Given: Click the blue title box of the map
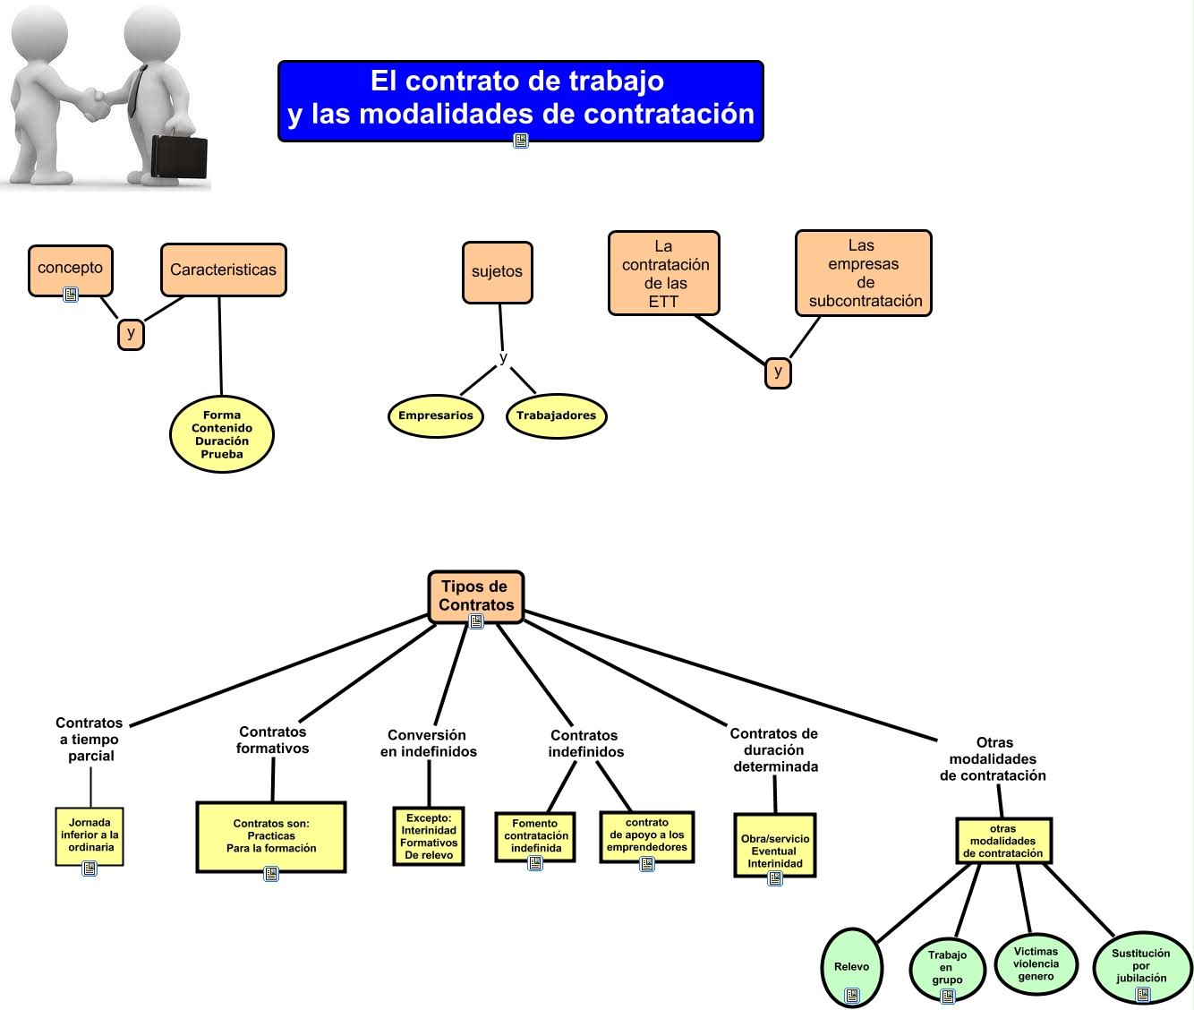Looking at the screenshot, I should point(520,98).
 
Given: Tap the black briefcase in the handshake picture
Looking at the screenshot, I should point(179,156).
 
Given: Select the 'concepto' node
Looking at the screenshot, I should point(71,268).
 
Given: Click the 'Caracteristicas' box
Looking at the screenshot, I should point(224,270).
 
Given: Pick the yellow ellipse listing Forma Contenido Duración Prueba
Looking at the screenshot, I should point(222,434).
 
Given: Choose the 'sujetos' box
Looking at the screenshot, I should point(497,272).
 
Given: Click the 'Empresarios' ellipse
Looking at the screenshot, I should point(436,415).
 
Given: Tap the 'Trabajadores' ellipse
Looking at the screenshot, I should point(556,415).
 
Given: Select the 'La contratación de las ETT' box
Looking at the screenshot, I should point(664,273).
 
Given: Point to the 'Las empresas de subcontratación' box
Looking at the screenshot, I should point(864,273).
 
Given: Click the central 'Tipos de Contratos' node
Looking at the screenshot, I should point(475,595).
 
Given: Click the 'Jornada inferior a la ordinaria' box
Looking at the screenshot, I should point(90,835).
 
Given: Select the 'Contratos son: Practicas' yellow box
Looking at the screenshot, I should point(271,836).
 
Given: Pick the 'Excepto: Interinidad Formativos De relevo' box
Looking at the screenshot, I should point(429,836).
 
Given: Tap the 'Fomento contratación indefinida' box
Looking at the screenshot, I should point(535,835).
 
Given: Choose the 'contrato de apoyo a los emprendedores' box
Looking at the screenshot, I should point(647,835).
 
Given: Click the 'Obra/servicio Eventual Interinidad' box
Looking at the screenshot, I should point(775,845).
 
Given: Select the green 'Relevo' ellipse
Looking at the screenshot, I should point(851,967).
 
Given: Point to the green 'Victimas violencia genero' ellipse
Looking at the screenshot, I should point(1036,964).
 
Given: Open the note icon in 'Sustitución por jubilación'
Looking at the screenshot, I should point(1143,993).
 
